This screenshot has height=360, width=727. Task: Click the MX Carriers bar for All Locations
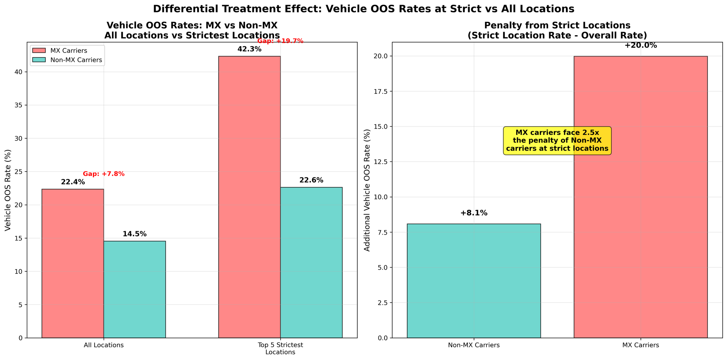(x=73, y=263)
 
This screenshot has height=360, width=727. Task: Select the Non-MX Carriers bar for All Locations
(x=134, y=289)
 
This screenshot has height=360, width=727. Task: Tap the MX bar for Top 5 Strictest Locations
(x=249, y=197)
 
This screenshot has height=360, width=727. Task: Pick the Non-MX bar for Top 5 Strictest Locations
(x=311, y=262)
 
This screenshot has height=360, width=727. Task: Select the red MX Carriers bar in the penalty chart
(x=640, y=197)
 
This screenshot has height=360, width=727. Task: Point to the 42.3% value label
(x=249, y=49)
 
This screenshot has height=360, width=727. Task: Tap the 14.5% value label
(x=134, y=234)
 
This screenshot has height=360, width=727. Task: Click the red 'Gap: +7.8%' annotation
(x=104, y=174)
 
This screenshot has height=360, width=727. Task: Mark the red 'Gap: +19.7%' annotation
(x=280, y=41)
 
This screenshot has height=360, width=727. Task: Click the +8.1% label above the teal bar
(x=474, y=213)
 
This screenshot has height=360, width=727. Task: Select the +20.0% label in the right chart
(x=640, y=46)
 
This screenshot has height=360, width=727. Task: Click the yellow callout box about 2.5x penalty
(x=557, y=141)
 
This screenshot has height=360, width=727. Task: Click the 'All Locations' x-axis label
(x=104, y=345)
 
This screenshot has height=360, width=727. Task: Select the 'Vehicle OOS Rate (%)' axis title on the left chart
(x=8, y=190)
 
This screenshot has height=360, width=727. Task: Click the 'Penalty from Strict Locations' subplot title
(x=557, y=25)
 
